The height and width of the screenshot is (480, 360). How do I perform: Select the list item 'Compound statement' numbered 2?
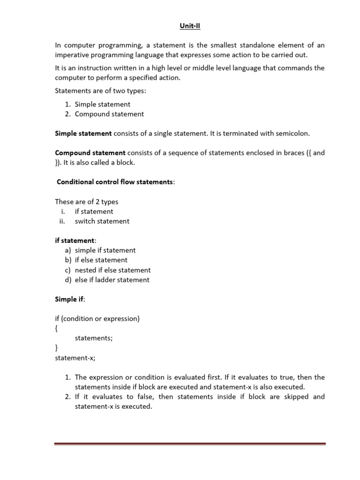tap(109, 114)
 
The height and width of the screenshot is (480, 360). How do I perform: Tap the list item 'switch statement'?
tap(102, 221)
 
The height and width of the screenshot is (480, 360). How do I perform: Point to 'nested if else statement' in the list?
tap(112, 270)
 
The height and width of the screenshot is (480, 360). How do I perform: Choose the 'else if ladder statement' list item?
tap(112, 280)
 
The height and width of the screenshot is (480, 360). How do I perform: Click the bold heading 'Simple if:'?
tap(69, 299)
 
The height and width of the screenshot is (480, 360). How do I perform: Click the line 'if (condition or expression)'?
tap(97, 319)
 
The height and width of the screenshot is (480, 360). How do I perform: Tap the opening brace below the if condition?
tap(56, 329)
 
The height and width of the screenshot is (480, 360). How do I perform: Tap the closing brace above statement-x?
tap(56, 348)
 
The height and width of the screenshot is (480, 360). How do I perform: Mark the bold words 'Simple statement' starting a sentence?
tap(83, 134)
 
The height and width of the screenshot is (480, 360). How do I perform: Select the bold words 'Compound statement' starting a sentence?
tap(90, 153)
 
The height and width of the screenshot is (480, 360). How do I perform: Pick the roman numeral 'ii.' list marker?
tap(61, 221)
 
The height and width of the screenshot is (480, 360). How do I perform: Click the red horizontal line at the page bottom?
tap(190, 443)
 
